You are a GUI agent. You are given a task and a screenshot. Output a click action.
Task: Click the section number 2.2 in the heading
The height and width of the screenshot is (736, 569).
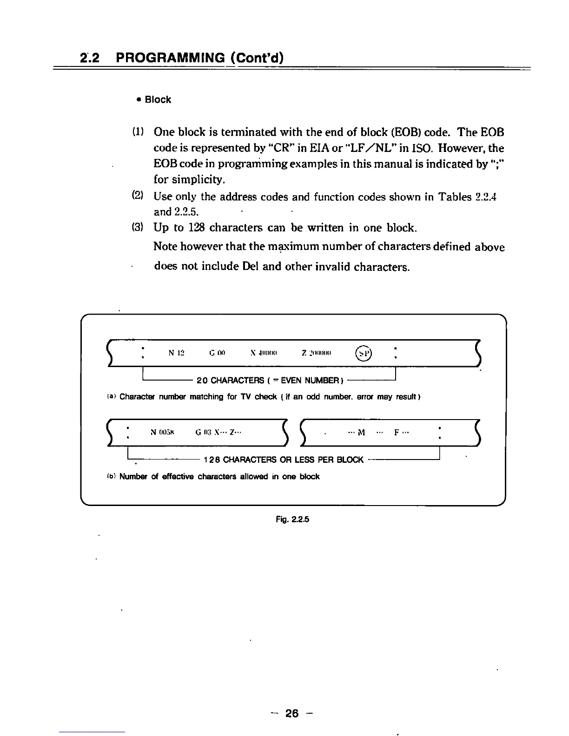(87, 58)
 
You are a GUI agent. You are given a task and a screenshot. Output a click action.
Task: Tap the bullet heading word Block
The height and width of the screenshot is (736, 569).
(158, 100)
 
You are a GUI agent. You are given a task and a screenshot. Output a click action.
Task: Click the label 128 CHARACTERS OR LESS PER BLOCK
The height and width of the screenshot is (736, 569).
(284, 460)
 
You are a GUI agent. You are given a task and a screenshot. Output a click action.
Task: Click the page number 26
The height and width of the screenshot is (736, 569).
(292, 713)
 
